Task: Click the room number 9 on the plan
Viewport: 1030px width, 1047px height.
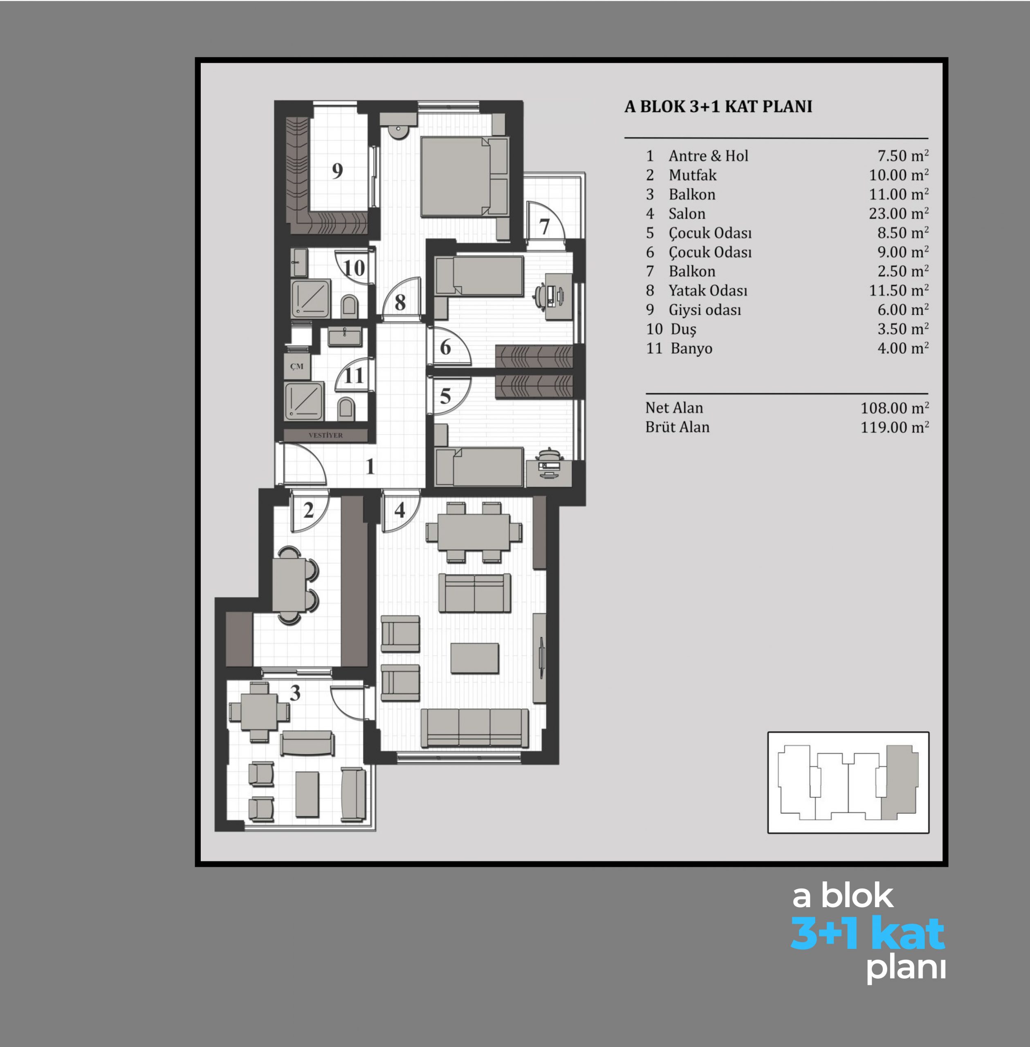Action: [337, 171]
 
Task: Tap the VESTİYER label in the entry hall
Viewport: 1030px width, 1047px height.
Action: [325, 435]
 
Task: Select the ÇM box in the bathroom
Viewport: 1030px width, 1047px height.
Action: [297, 366]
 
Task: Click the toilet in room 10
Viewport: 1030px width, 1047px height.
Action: [350, 307]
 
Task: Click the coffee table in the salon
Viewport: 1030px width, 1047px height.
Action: [474, 658]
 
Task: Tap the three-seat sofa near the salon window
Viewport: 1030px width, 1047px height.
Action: [474, 728]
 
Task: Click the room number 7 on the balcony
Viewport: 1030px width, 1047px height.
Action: [544, 227]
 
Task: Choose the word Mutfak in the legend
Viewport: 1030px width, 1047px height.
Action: [692, 175]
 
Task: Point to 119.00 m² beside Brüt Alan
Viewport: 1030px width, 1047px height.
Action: [895, 427]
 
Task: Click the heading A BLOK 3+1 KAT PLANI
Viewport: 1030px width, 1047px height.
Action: [718, 107]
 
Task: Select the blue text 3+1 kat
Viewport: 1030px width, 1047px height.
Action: [868, 932]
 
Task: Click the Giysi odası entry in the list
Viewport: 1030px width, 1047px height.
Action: [705, 310]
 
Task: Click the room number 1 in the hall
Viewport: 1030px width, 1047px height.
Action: [370, 466]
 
